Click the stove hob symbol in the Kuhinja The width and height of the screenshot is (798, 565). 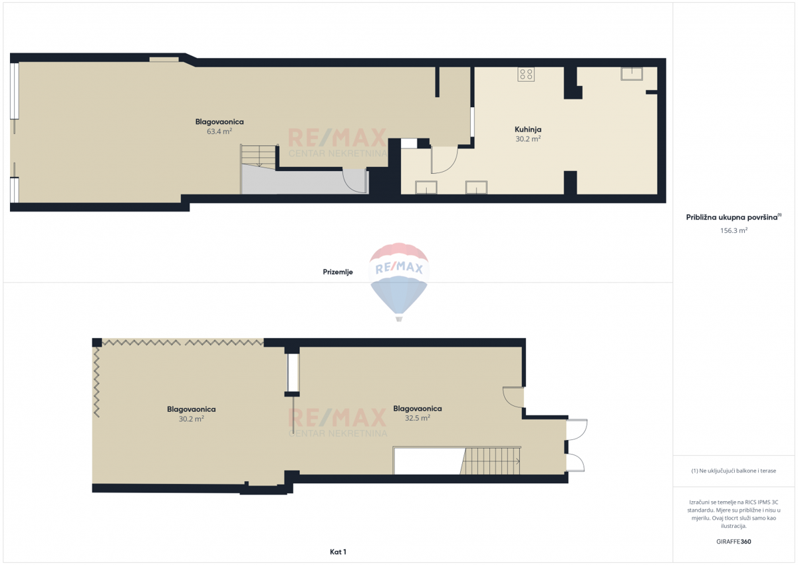pos(526,74)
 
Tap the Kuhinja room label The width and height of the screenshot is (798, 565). pos(528,129)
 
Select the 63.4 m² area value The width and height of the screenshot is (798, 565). pos(219,131)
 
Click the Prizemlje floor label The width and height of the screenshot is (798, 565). pos(338,272)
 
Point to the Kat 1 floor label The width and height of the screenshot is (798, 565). pos(338,552)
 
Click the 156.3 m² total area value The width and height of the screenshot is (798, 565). pos(734,230)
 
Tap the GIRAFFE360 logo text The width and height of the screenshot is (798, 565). pos(734,542)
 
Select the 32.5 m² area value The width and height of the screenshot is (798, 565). pos(418,418)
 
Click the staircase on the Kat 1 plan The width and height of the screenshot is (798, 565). pos(491,461)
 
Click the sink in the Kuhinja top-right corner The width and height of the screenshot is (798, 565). pos(632,74)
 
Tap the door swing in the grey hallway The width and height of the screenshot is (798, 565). pos(354,181)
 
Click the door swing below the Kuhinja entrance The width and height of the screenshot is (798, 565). pos(444,160)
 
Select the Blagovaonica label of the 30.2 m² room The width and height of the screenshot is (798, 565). pos(192,409)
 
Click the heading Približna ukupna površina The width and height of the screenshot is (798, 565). pos(731,218)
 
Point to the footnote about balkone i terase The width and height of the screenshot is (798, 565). pos(733,471)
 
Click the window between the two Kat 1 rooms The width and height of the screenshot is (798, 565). pos(293,373)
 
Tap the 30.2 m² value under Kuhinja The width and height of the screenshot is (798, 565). pos(528,139)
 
